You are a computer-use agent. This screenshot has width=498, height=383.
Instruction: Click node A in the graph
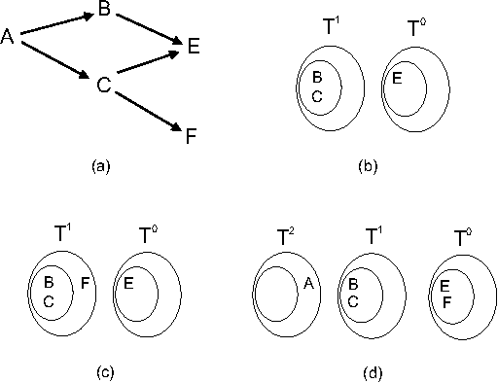[x=8, y=37]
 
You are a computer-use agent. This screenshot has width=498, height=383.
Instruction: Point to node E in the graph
[x=194, y=45]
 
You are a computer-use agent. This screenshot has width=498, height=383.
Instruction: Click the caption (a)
[x=99, y=166]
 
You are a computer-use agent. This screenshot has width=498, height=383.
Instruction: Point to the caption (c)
[x=99, y=370]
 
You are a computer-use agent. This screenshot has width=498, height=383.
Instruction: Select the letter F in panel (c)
[x=85, y=284]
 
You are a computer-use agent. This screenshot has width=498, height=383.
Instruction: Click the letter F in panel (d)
[x=445, y=301]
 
